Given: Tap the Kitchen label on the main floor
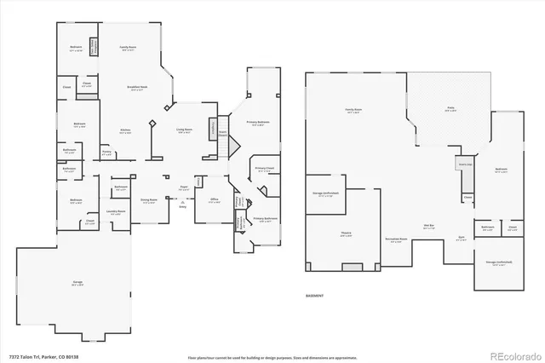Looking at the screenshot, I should (124, 130).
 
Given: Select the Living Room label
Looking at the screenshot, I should (184, 130).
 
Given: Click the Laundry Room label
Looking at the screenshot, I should (117, 210).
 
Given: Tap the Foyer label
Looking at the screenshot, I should (183, 187).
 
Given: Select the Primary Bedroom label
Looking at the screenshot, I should (258, 123).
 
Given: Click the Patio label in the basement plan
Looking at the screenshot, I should (451, 108).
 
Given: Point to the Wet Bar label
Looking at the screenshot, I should (431, 227).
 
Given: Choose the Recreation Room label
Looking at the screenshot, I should (396, 239).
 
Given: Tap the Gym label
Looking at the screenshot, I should (460, 239).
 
